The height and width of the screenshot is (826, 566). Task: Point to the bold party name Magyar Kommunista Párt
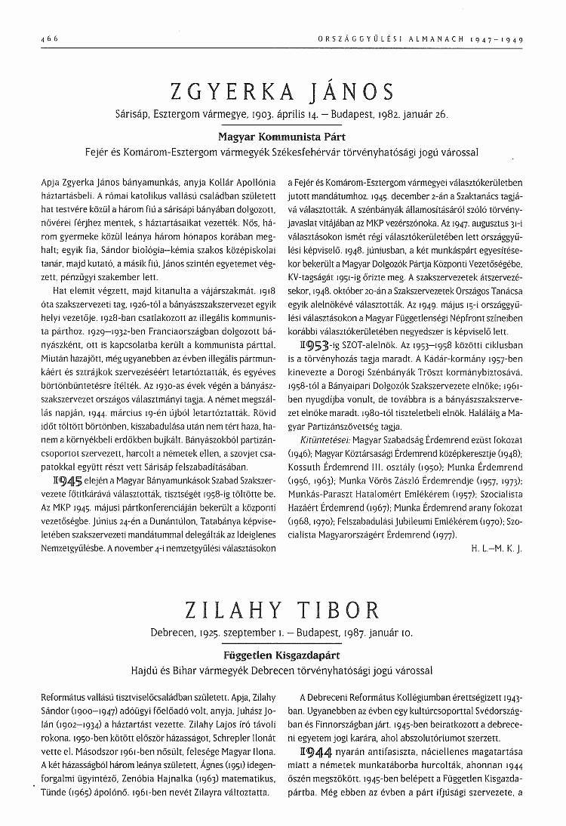click(282, 138)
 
